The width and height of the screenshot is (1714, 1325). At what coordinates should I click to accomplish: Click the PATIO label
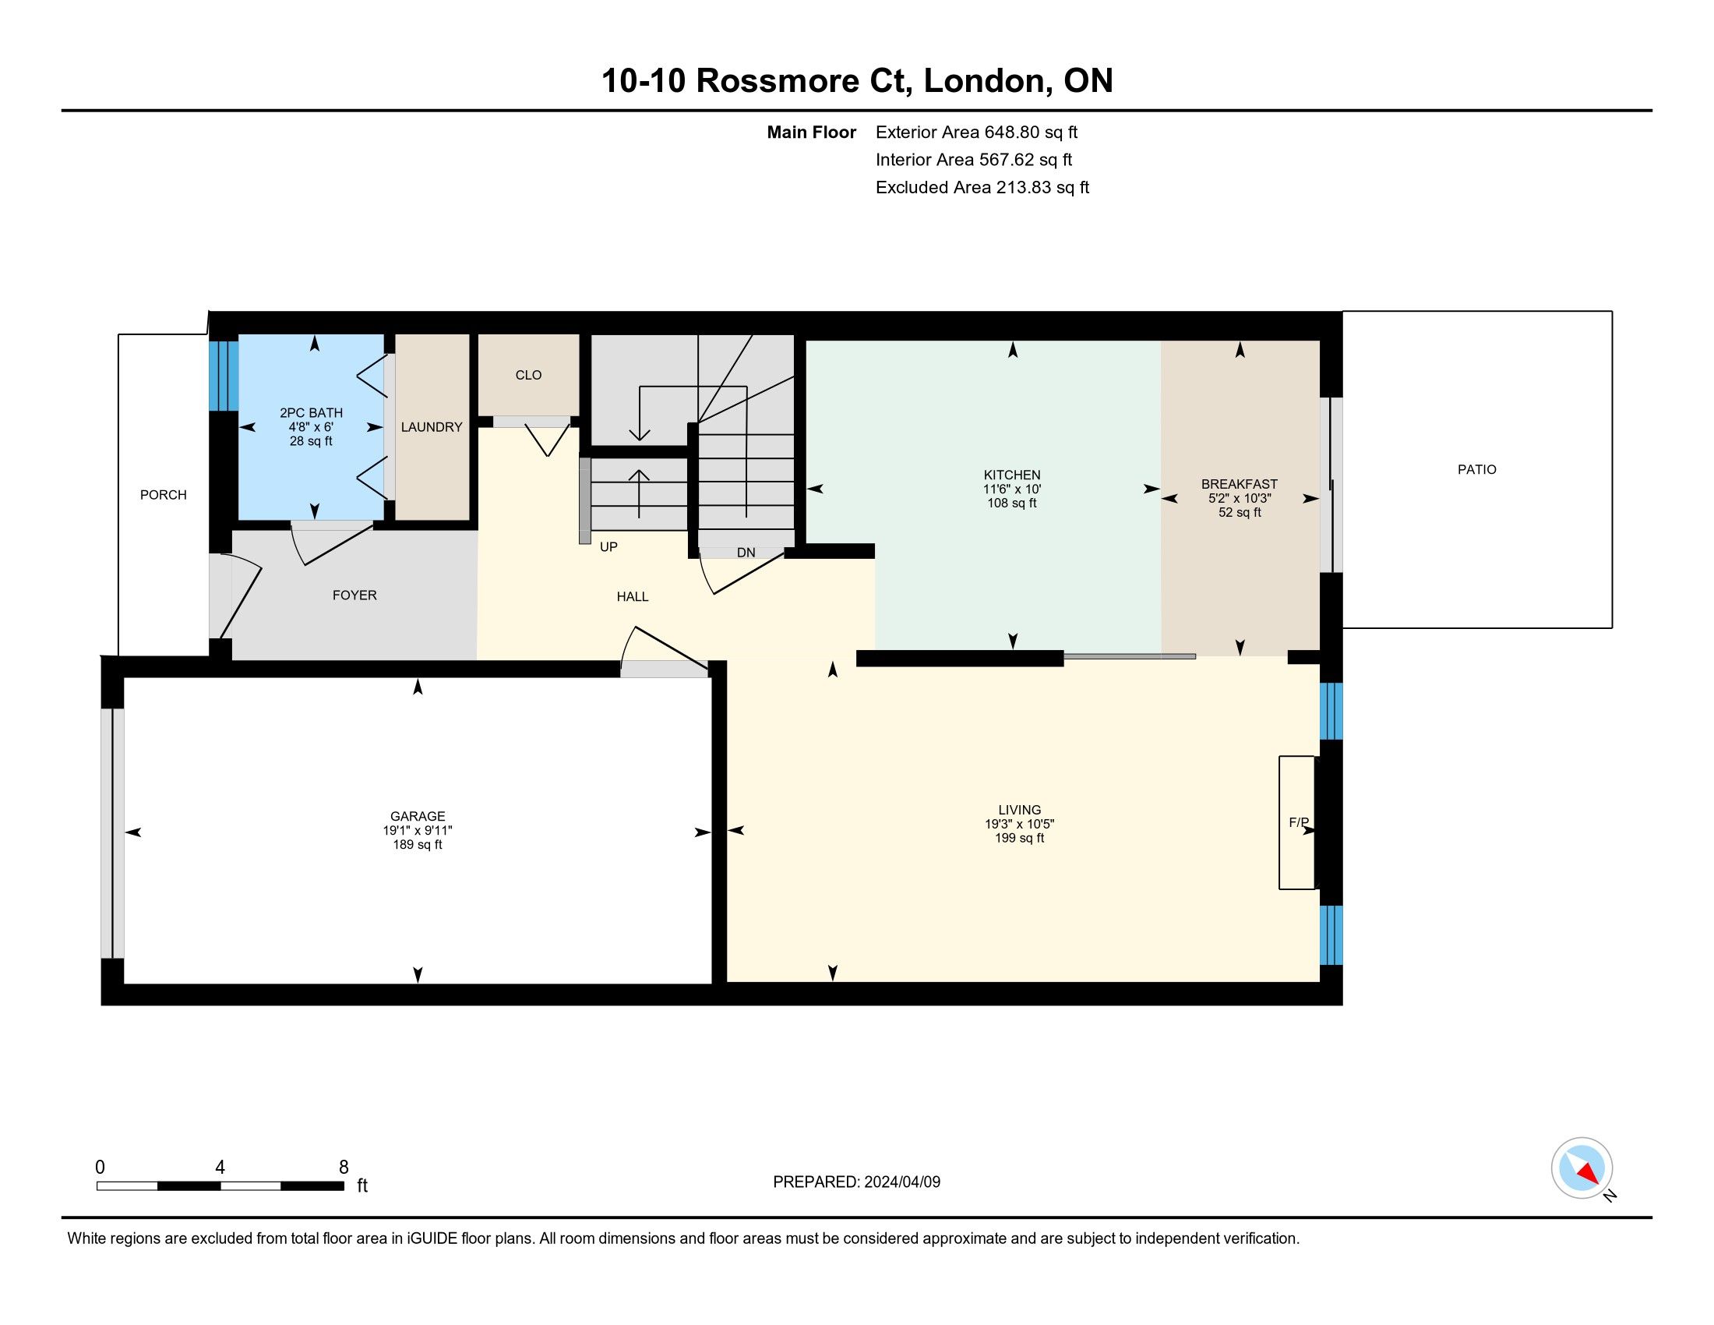coord(1476,469)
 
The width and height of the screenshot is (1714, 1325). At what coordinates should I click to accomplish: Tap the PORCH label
coord(164,494)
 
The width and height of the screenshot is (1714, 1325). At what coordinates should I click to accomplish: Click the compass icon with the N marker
coord(1582,1168)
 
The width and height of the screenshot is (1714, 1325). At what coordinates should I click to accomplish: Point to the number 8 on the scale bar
coord(343,1168)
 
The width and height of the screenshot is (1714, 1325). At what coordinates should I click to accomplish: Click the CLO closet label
coord(528,375)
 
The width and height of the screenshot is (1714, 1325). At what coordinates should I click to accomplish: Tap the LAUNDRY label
coord(432,427)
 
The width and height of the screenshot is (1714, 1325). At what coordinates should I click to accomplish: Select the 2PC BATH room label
coord(311,413)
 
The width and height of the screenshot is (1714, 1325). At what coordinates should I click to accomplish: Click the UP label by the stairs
coord(608,547)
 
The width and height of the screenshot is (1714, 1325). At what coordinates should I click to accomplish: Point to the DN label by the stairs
coord(746,553)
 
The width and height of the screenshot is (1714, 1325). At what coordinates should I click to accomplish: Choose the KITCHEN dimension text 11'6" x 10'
coord(1012,489)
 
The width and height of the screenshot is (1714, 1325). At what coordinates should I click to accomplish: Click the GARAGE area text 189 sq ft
coord(418,845)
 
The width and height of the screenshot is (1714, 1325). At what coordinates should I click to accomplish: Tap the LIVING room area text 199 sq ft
coord(1020,838)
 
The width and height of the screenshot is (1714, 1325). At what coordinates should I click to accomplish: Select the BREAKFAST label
coord(1240,484)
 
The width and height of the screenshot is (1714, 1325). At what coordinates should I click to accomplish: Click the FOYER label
coord(354,595)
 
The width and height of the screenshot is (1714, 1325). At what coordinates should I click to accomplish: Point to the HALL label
coord(633,596)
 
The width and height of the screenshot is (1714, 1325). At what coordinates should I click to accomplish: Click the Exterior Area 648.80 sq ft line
coord(976,132)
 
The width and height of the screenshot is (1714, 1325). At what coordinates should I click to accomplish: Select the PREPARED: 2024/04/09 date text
coord(856,1182)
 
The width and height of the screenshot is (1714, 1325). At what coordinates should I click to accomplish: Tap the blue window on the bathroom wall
coord(224,375)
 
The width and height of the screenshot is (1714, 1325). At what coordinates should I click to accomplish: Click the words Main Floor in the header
coord(812,132)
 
